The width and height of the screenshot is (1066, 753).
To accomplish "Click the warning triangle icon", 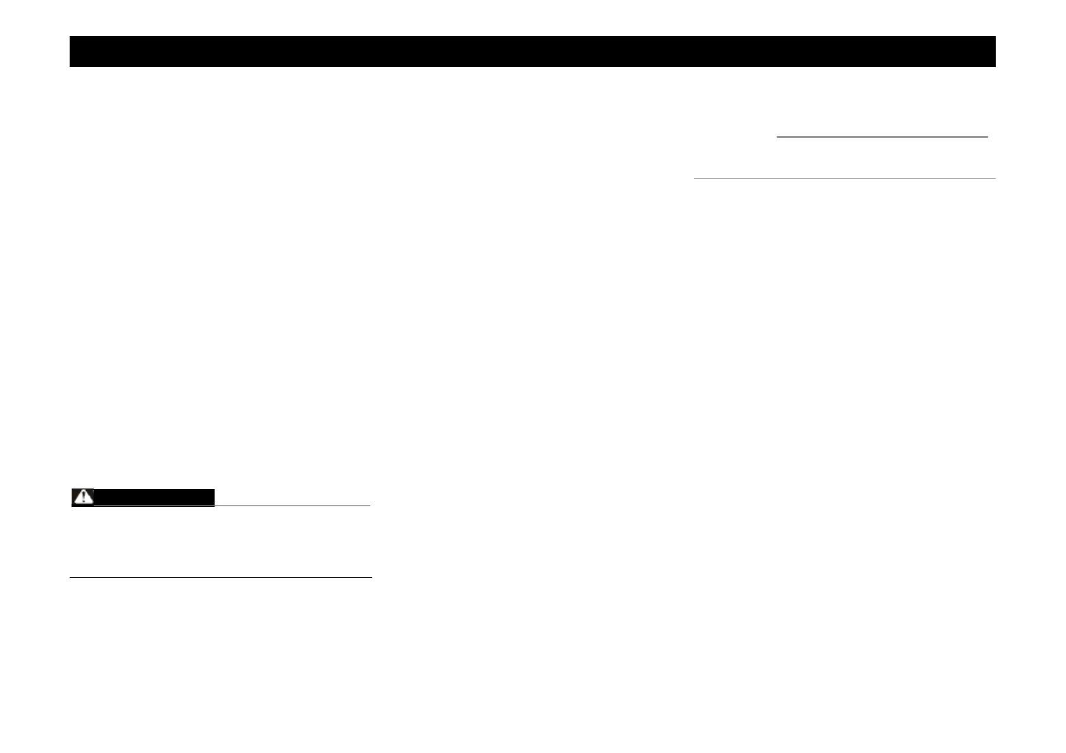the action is point(82,497).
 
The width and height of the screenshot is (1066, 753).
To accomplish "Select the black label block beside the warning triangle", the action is point(154,497).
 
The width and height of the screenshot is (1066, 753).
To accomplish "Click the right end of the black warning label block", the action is point(213,497).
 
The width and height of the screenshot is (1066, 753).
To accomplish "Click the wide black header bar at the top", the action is point(532,51).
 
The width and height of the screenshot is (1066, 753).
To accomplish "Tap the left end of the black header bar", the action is point(72,51).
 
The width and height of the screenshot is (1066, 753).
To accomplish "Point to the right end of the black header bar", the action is point(993,51).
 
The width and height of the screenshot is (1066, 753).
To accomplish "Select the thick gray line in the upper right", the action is point(882,136).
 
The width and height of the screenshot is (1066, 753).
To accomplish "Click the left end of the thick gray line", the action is point(778,136).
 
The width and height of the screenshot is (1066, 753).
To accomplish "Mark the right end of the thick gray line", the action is point(986,136).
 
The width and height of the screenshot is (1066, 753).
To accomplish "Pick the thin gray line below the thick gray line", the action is point(844,179).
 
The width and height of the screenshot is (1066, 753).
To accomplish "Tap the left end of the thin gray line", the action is point(695,179).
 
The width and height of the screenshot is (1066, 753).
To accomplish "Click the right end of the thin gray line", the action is point(994,179).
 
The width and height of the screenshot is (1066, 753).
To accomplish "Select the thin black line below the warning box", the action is point(220,577).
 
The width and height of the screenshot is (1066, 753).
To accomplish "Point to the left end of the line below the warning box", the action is point(71,577).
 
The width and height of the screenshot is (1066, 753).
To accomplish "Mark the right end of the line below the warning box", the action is point(370,577).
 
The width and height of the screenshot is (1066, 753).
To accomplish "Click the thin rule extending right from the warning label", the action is point(292,506).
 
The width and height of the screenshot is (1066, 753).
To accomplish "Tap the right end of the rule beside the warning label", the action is point(368,506).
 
